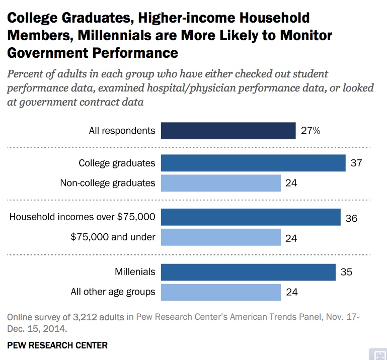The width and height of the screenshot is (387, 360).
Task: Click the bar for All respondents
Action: pos(228,131)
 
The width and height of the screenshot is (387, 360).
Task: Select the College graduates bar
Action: pos(253,163)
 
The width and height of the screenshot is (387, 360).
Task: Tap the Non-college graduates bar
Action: pos(220,183)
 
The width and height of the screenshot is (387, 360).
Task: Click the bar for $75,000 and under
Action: pos(220,237)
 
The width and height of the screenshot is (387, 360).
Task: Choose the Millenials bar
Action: pos(248,273)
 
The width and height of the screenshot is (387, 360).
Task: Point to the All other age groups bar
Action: pos(220,292)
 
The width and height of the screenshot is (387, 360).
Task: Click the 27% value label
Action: pos(311,131)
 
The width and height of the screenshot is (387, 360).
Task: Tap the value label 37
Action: pos(356,163)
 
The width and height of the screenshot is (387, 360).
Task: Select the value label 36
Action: pos(351,219)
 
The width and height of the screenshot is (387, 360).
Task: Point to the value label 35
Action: pos(346,273)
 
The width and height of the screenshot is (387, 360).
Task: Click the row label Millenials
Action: pos(135,273)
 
